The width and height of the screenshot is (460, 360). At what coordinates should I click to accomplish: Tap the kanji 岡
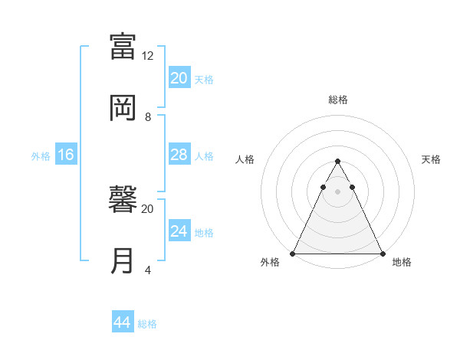(123, 108)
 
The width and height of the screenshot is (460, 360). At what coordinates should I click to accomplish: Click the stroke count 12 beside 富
(148, 56)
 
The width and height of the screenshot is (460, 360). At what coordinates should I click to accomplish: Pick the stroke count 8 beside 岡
(148, 117)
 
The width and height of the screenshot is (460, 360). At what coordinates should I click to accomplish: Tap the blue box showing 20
(179, 78)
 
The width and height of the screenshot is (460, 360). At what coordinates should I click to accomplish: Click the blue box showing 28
(179, 155)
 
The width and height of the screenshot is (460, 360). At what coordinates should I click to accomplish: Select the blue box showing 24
(179, 231)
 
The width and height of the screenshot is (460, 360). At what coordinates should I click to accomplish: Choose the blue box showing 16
(66, 155)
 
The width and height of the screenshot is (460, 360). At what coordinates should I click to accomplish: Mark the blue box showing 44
(123, 322)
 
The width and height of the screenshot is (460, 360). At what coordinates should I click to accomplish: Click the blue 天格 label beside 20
(204, 80)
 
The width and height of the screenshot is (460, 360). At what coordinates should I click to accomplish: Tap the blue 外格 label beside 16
(41, 156)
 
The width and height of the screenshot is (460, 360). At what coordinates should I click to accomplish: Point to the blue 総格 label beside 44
(147, 324)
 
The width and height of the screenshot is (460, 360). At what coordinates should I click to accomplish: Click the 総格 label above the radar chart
(337, 100)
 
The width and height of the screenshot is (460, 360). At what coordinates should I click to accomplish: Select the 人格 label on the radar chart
(245, 159)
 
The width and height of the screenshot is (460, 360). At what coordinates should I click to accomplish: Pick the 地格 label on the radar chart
(402, 263)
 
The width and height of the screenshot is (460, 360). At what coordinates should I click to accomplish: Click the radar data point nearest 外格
(293, 254)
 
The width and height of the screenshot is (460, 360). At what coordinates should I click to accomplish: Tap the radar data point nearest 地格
(382, 254)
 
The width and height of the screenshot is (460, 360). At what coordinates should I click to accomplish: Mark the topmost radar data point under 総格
(337, 162)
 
